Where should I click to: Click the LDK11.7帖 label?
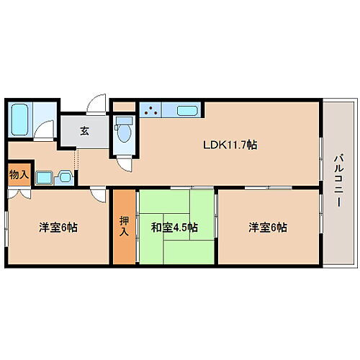pos(230,144)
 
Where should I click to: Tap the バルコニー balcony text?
pos(336,181)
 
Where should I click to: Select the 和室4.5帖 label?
pos(175,228)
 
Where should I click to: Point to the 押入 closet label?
pos(123,227)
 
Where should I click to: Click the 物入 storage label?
pos(19,174)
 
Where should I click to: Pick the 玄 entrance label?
pos(84,131)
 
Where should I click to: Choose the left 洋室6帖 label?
pos(58,228)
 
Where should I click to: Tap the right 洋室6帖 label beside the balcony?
pos(268,228)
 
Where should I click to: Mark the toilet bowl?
pos(123,131)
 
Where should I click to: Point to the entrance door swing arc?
pos(96,105)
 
